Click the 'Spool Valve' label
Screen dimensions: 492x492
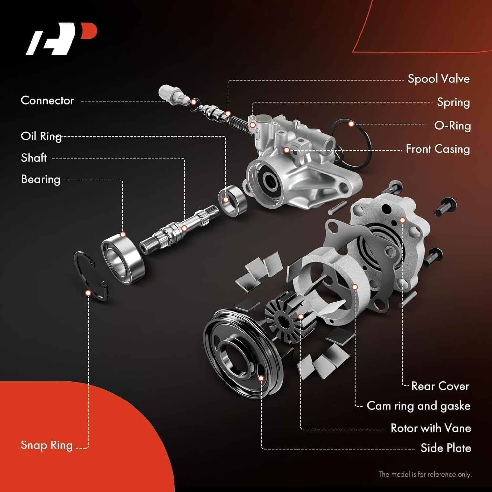click(439, 79)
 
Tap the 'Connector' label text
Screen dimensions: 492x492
click(47, 101)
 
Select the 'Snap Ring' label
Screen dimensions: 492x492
click(47, 445)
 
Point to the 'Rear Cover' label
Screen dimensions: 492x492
click(440, 386)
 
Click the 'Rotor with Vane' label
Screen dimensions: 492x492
click(431, 428)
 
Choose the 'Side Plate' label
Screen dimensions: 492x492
click(446, 448)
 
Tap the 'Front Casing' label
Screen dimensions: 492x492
click(438, 149)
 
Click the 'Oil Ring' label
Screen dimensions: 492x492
click(41, 136)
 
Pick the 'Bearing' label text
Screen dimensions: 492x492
click(40, 179)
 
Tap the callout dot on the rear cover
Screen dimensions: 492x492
click(402, 220)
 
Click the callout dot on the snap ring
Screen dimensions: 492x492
click(88, 293)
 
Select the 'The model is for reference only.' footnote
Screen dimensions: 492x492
click(425, 474)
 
